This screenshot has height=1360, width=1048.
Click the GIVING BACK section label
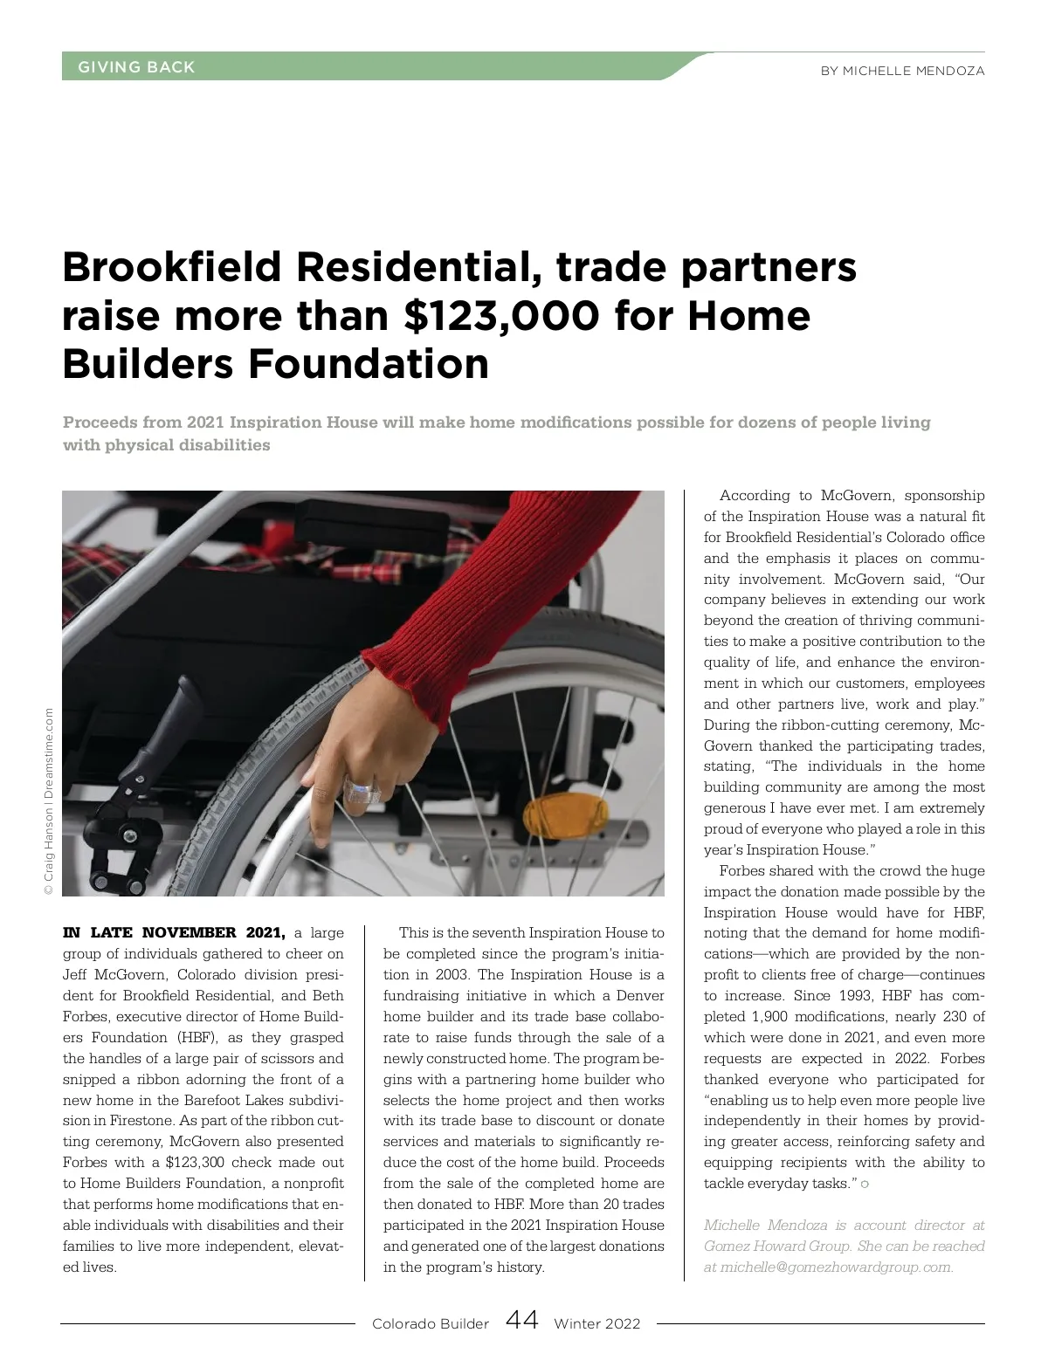[136, 67]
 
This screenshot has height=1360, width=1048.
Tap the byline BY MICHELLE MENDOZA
[902, 71]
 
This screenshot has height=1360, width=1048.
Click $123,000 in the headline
[502, 315]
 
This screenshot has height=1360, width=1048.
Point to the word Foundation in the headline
[369, 363]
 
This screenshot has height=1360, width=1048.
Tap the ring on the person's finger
[359, 790]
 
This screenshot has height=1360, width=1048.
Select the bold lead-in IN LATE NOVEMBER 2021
[175, 933]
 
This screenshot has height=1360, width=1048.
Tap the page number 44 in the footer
[521, 1320]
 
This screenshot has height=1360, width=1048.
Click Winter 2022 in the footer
[596, 1323]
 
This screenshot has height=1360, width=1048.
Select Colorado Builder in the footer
[431, 1323]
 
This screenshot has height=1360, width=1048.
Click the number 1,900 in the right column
[769, 1017]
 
